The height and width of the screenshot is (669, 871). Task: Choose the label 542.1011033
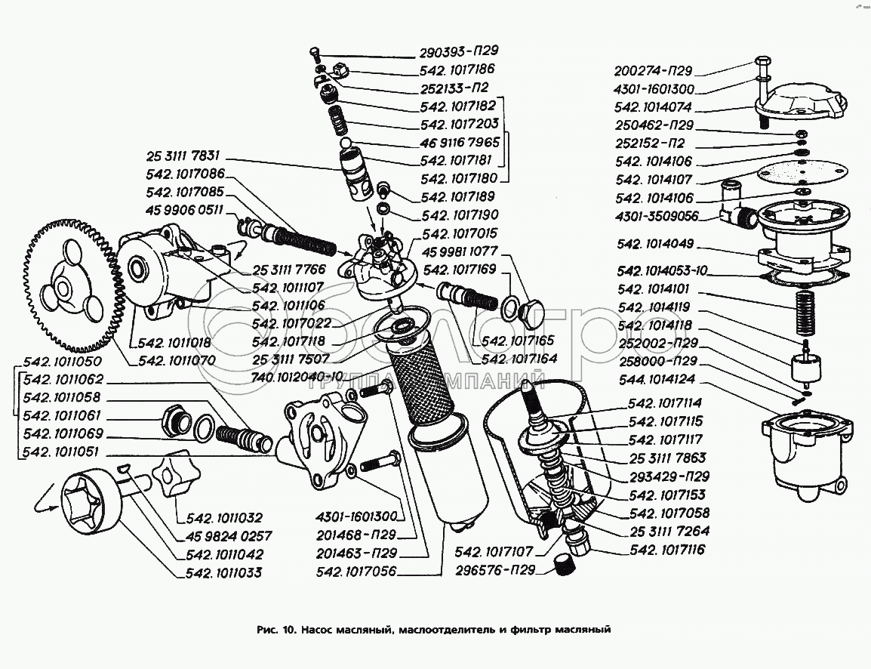(223, 573)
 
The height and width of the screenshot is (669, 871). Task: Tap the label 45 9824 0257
(223, 536)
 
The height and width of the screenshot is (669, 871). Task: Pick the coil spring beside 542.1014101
(806, 311)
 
